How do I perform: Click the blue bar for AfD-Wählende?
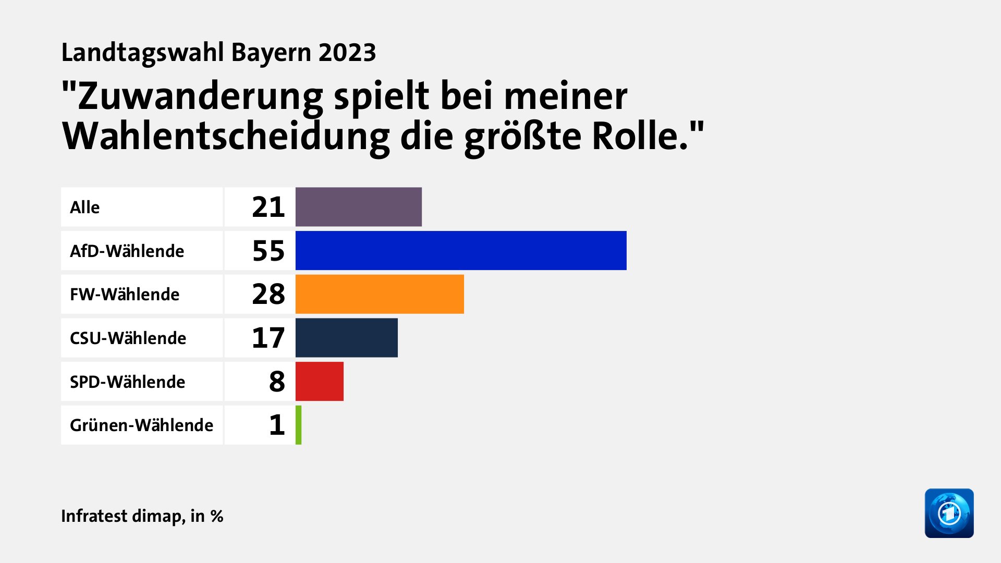461,250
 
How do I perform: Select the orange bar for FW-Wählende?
380,294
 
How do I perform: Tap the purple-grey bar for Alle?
359,207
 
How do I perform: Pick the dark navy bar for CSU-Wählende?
347,338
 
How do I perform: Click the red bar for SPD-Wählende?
320,382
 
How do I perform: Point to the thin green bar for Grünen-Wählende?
299,425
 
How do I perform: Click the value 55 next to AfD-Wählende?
268,251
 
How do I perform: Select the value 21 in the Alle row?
268,207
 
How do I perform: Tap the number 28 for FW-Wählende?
268,294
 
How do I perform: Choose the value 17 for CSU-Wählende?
268,338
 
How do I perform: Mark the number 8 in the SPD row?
277,382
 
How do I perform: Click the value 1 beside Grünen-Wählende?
277,425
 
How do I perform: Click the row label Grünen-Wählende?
141,425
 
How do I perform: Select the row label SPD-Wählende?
127,382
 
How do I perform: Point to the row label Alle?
84,207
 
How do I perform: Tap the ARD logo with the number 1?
949,513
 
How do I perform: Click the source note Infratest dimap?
123,516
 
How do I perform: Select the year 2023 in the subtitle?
347,53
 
